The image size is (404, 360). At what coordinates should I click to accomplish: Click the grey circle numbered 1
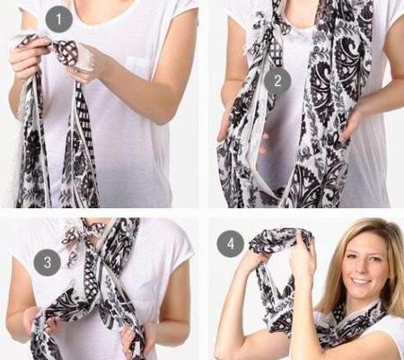(x=59, y=19)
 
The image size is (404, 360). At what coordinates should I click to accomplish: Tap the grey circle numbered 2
(x=277, y=81)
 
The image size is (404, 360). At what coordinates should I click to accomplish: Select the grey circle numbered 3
(x=48, y=262)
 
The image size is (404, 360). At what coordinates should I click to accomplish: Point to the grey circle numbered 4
(x=231, y=243)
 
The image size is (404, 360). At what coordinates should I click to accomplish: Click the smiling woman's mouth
(x=360, y=281)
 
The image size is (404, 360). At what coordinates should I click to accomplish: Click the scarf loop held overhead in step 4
(x=278, y=240)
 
